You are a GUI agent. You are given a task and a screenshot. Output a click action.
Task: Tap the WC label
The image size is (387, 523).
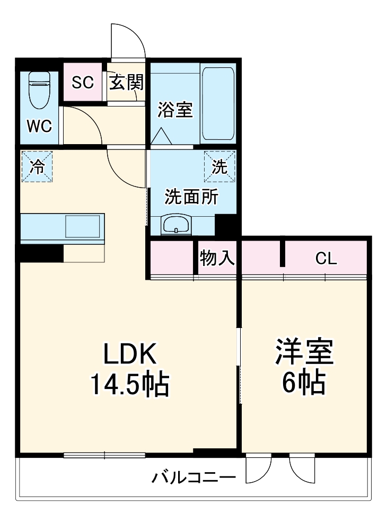tap(39, 127)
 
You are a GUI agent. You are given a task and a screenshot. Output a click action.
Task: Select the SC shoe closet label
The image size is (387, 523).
tap(83, 82)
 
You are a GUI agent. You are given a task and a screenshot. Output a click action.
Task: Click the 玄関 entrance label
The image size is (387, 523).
tap(127, 82)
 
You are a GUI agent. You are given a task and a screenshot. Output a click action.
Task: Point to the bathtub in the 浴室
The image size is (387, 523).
tap(218, 104)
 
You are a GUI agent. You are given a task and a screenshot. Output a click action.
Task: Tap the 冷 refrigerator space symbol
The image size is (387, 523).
tap(37, 166)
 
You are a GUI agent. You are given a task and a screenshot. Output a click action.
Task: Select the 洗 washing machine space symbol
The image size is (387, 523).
tap(220, 166)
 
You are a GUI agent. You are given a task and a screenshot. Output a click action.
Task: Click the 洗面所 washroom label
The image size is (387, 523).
tap(191, 197)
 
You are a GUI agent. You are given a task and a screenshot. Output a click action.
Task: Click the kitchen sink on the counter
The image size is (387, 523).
tap(83, 226)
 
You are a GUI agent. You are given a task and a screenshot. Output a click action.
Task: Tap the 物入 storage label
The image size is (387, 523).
tap(217, 258)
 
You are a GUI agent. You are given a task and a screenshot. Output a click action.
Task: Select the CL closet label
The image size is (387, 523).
tap(326, 258)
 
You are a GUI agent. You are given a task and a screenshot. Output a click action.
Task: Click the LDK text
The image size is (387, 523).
tap(130, 354)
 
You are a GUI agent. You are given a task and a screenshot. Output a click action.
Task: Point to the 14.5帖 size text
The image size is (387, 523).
tap(130, 384)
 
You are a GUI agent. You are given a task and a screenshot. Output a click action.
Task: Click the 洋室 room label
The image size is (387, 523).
tap(304, 352)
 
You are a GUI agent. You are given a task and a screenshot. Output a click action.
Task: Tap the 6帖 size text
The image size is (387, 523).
tap(304, 383)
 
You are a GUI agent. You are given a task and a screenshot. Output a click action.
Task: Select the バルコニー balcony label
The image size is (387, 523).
tap(194, 477)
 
